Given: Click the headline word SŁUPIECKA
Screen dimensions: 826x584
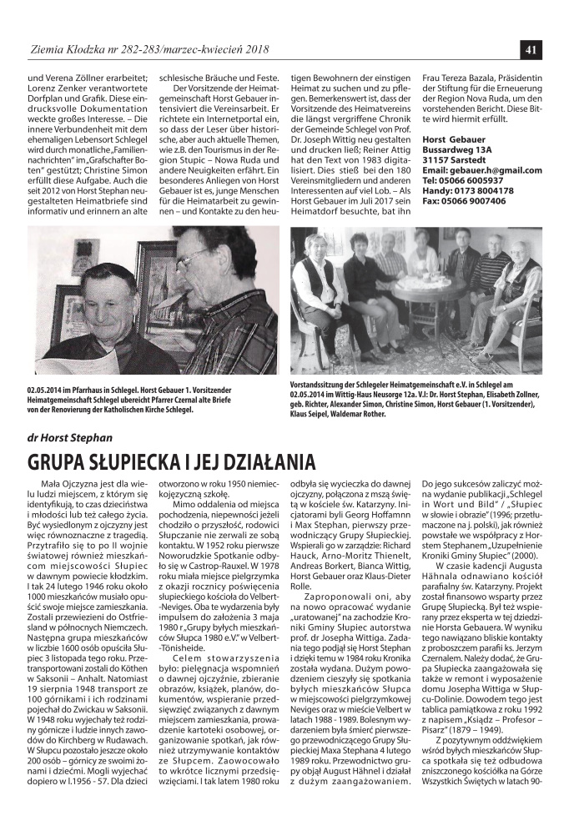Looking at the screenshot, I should [142, 462].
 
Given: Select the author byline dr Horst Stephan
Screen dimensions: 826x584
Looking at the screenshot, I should [70, 435].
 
